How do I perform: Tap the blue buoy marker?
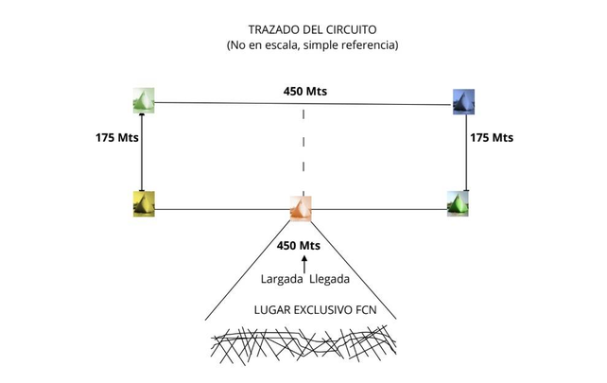tap(463, 100)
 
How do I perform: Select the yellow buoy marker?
tap(144, 202)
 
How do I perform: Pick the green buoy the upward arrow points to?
tap(143, 99)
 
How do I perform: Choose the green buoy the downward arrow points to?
tap(459, 202)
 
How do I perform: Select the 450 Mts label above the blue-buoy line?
tap(304, 92)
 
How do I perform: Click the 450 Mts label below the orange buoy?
tap(298, 246)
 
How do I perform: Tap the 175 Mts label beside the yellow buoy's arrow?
tap(117, 137)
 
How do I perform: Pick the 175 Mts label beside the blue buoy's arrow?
tap(492, 137)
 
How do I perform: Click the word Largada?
tap(279, 279)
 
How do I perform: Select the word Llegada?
tap(328, 279)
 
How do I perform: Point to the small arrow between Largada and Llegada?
tap(303, 263)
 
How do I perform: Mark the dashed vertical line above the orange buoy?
tap(303, 151)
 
